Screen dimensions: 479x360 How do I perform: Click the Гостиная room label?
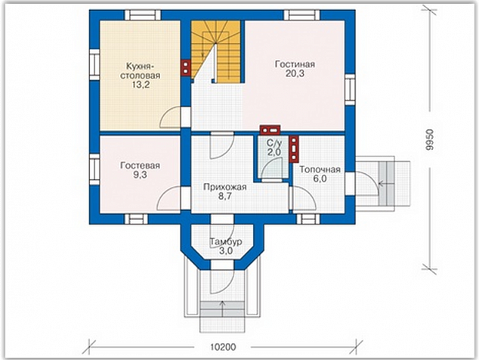coord(295,64)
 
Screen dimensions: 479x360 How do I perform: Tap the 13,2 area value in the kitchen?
coord(141,85)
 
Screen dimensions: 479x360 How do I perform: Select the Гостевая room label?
coord(141,166)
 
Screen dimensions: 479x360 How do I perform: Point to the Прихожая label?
coord(225,188)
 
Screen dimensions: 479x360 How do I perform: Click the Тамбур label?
coord(226,241)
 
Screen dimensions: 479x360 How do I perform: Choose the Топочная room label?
coord(320,169)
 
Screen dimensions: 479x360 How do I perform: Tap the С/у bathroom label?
coord(274,143)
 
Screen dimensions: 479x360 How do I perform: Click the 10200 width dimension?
coord(224,347)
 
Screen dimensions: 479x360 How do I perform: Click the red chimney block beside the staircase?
coord(186,67)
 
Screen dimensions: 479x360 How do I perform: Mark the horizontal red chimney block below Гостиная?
coord(270,130)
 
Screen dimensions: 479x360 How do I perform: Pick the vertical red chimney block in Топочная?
coord(294,148)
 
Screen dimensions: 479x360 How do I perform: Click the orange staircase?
coord(216,51)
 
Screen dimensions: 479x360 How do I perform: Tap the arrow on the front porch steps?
coord(222,309)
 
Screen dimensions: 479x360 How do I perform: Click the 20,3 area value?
coord(295,73)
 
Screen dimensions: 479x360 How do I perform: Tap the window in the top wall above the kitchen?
coord(143,14)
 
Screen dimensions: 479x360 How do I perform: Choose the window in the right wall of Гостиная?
coord(350,89)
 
